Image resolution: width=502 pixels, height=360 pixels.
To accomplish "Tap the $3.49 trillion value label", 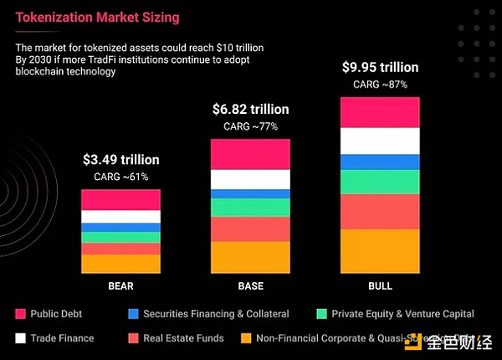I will (x=120, y=159).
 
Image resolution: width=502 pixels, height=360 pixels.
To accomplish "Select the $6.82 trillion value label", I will (x=250, y=110).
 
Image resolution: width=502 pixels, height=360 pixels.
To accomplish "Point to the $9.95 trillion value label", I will (x=380, y=66).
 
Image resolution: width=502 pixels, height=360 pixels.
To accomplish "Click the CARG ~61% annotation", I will (x=120, y=177).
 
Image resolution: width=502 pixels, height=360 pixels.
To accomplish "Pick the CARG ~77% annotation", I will (x=250, y=127).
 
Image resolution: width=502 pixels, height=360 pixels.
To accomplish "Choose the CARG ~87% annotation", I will (x=380, y=84).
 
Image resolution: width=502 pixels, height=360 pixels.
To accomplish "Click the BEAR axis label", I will (x=120, y=286).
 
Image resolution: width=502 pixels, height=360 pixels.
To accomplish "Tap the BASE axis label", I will (x=250, y=286).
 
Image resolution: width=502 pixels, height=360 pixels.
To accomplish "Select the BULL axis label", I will (x=380, y=286).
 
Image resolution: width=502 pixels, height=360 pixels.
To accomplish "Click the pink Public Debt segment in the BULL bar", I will (x=380, y=112).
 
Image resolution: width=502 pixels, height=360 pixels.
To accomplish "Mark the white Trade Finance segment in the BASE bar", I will (x=250, y=179).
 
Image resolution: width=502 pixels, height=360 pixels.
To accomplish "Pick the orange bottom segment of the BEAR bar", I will (x=120, y=264).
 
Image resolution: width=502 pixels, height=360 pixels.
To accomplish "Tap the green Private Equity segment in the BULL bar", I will (x=380, y=182).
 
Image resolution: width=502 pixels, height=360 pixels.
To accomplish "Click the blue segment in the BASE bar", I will (x=250, y=193).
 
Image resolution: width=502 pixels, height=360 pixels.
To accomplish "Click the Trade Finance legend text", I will (x=62, y=338).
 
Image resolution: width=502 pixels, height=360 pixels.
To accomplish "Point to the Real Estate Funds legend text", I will (x=183, y=338).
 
